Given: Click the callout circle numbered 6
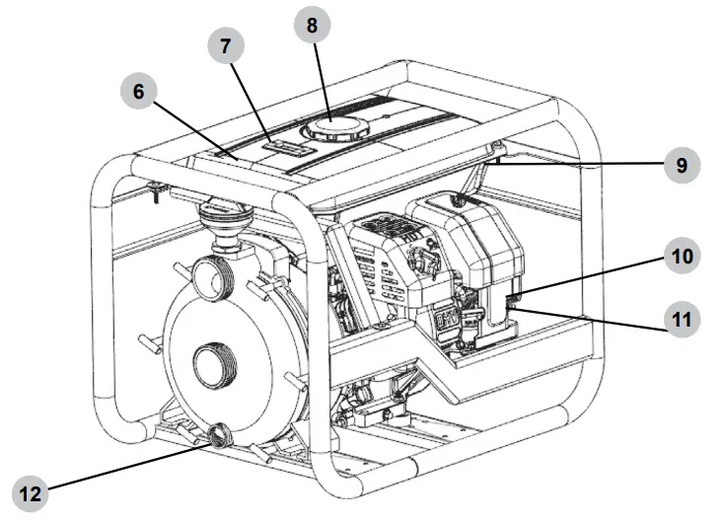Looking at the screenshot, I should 138,93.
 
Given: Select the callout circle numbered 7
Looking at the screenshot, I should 225,45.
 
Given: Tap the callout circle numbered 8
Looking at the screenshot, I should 312,27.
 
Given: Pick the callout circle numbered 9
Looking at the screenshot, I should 681,165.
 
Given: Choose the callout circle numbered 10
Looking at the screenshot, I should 681,258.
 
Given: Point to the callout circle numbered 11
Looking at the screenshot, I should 681,320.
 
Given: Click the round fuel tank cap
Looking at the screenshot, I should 332,128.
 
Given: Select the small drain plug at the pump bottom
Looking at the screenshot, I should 218,434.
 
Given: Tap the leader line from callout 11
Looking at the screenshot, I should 592,315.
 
